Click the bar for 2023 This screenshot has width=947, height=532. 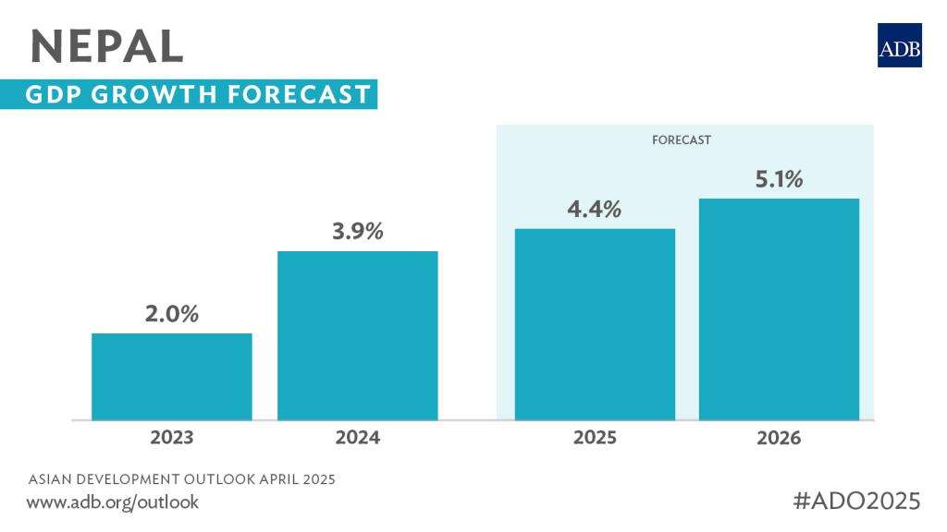coord(172,377)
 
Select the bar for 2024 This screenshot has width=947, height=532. coord(358,335)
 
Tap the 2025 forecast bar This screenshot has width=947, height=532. coord(595,324)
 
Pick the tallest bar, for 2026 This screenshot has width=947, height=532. coord(779,309)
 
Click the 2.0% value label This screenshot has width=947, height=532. coord(172,314)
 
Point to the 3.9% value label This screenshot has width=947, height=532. coord(358,232)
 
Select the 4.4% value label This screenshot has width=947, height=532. coord(595,210)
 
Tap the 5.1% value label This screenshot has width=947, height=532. coord(779,180)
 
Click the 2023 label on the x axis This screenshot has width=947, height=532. coord(172,438)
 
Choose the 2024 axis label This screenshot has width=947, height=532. coord(358,438)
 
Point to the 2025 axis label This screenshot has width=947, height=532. coord(595,438)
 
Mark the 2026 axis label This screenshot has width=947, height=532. coord(779,438)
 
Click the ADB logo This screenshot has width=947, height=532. coord(900,44)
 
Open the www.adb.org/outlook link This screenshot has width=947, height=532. coord(113,502)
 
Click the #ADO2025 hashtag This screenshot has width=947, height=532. coord(857,501)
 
